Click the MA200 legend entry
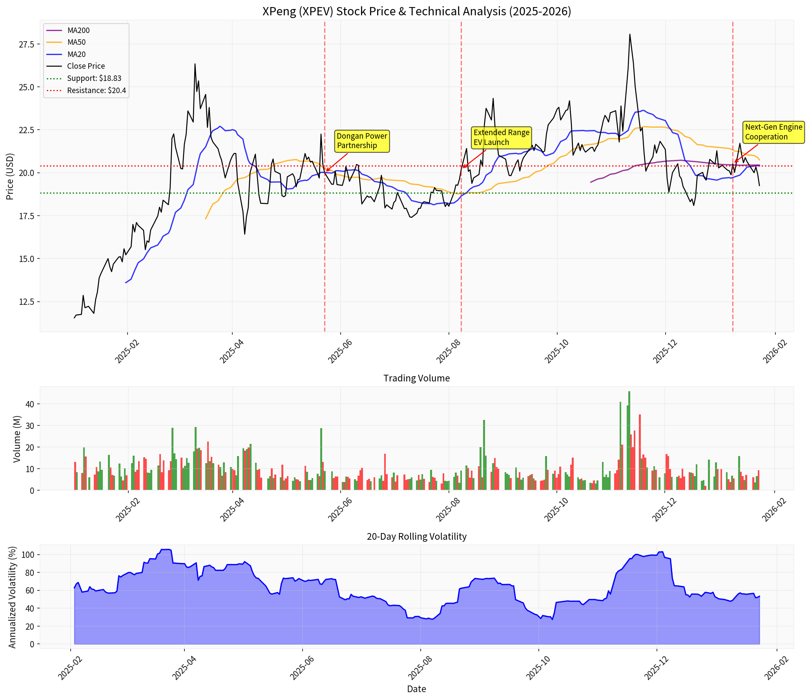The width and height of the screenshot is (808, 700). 78,30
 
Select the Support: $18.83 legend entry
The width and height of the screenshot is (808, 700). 94,78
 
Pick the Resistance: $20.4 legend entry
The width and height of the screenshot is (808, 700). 96,90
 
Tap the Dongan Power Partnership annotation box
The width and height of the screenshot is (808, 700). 361,141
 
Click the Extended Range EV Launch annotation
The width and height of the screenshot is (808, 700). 501,137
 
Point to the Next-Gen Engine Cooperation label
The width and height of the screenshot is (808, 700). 773,132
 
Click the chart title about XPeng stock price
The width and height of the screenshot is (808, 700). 416,11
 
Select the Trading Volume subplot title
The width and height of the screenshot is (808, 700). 416,378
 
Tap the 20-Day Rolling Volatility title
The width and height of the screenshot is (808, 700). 416,536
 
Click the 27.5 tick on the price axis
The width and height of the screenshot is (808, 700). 27,44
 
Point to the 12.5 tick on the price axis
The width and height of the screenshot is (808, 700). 27,302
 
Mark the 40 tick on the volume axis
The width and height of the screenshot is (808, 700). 30,404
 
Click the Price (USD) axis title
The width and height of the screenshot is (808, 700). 10,176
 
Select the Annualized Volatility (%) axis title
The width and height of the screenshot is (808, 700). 12,597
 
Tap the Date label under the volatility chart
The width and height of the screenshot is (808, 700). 416,689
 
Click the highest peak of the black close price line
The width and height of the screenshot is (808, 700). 629,34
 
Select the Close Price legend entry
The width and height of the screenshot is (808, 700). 86,66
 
